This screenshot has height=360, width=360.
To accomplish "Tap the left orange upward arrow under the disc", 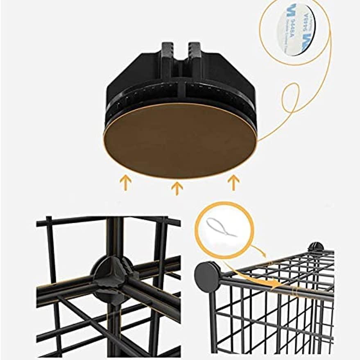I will (125, 183).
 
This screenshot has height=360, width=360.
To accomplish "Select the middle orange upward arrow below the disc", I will (177, 188).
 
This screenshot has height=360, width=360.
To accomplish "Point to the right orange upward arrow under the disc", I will (233, 182).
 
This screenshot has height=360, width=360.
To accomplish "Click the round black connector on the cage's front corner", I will (207, 276).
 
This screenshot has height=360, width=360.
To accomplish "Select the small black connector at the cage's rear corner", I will (315, 247).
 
